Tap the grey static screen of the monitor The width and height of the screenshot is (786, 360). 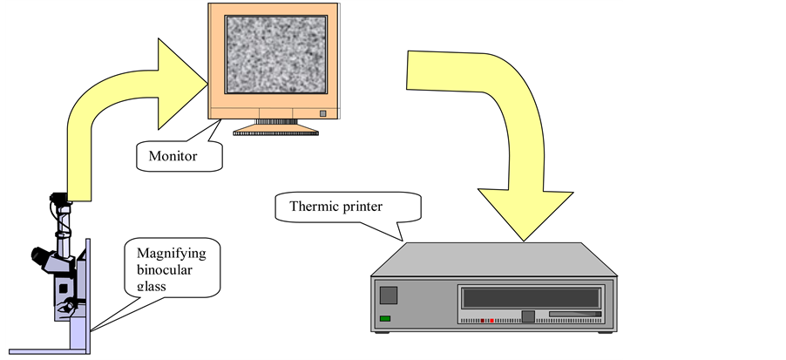pos(274,55)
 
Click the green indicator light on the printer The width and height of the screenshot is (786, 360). pos(385,319)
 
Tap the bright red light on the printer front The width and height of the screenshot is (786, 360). pos(490,321)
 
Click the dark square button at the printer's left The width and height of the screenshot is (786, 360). pos(389,295)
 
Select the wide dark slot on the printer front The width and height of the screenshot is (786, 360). pos(532,297)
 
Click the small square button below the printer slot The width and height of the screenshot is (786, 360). pos(526,316)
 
